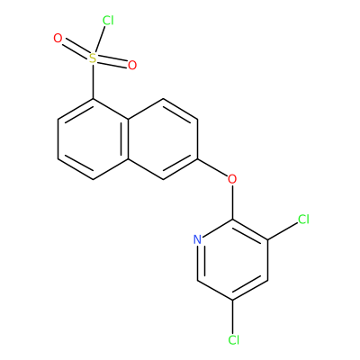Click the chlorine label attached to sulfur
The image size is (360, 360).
108,21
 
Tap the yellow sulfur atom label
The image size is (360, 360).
93,58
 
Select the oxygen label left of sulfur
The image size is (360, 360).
58,39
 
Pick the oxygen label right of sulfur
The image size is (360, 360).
132,65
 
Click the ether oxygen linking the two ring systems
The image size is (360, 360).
232,179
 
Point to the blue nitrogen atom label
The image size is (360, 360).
197,239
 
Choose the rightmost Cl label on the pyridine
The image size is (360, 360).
303,220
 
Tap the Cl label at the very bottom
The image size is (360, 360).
234,340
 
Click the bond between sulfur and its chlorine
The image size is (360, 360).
100,40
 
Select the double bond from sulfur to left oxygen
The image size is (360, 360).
76,48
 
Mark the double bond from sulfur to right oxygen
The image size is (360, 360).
112,63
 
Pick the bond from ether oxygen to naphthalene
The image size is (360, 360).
212,167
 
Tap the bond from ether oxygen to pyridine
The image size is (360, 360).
232,202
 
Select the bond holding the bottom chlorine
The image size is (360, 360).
232,317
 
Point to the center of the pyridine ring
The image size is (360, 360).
232,260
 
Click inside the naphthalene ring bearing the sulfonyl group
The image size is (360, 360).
93,139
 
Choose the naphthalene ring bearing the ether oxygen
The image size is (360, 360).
163,139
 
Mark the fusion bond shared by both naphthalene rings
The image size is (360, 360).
128,139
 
